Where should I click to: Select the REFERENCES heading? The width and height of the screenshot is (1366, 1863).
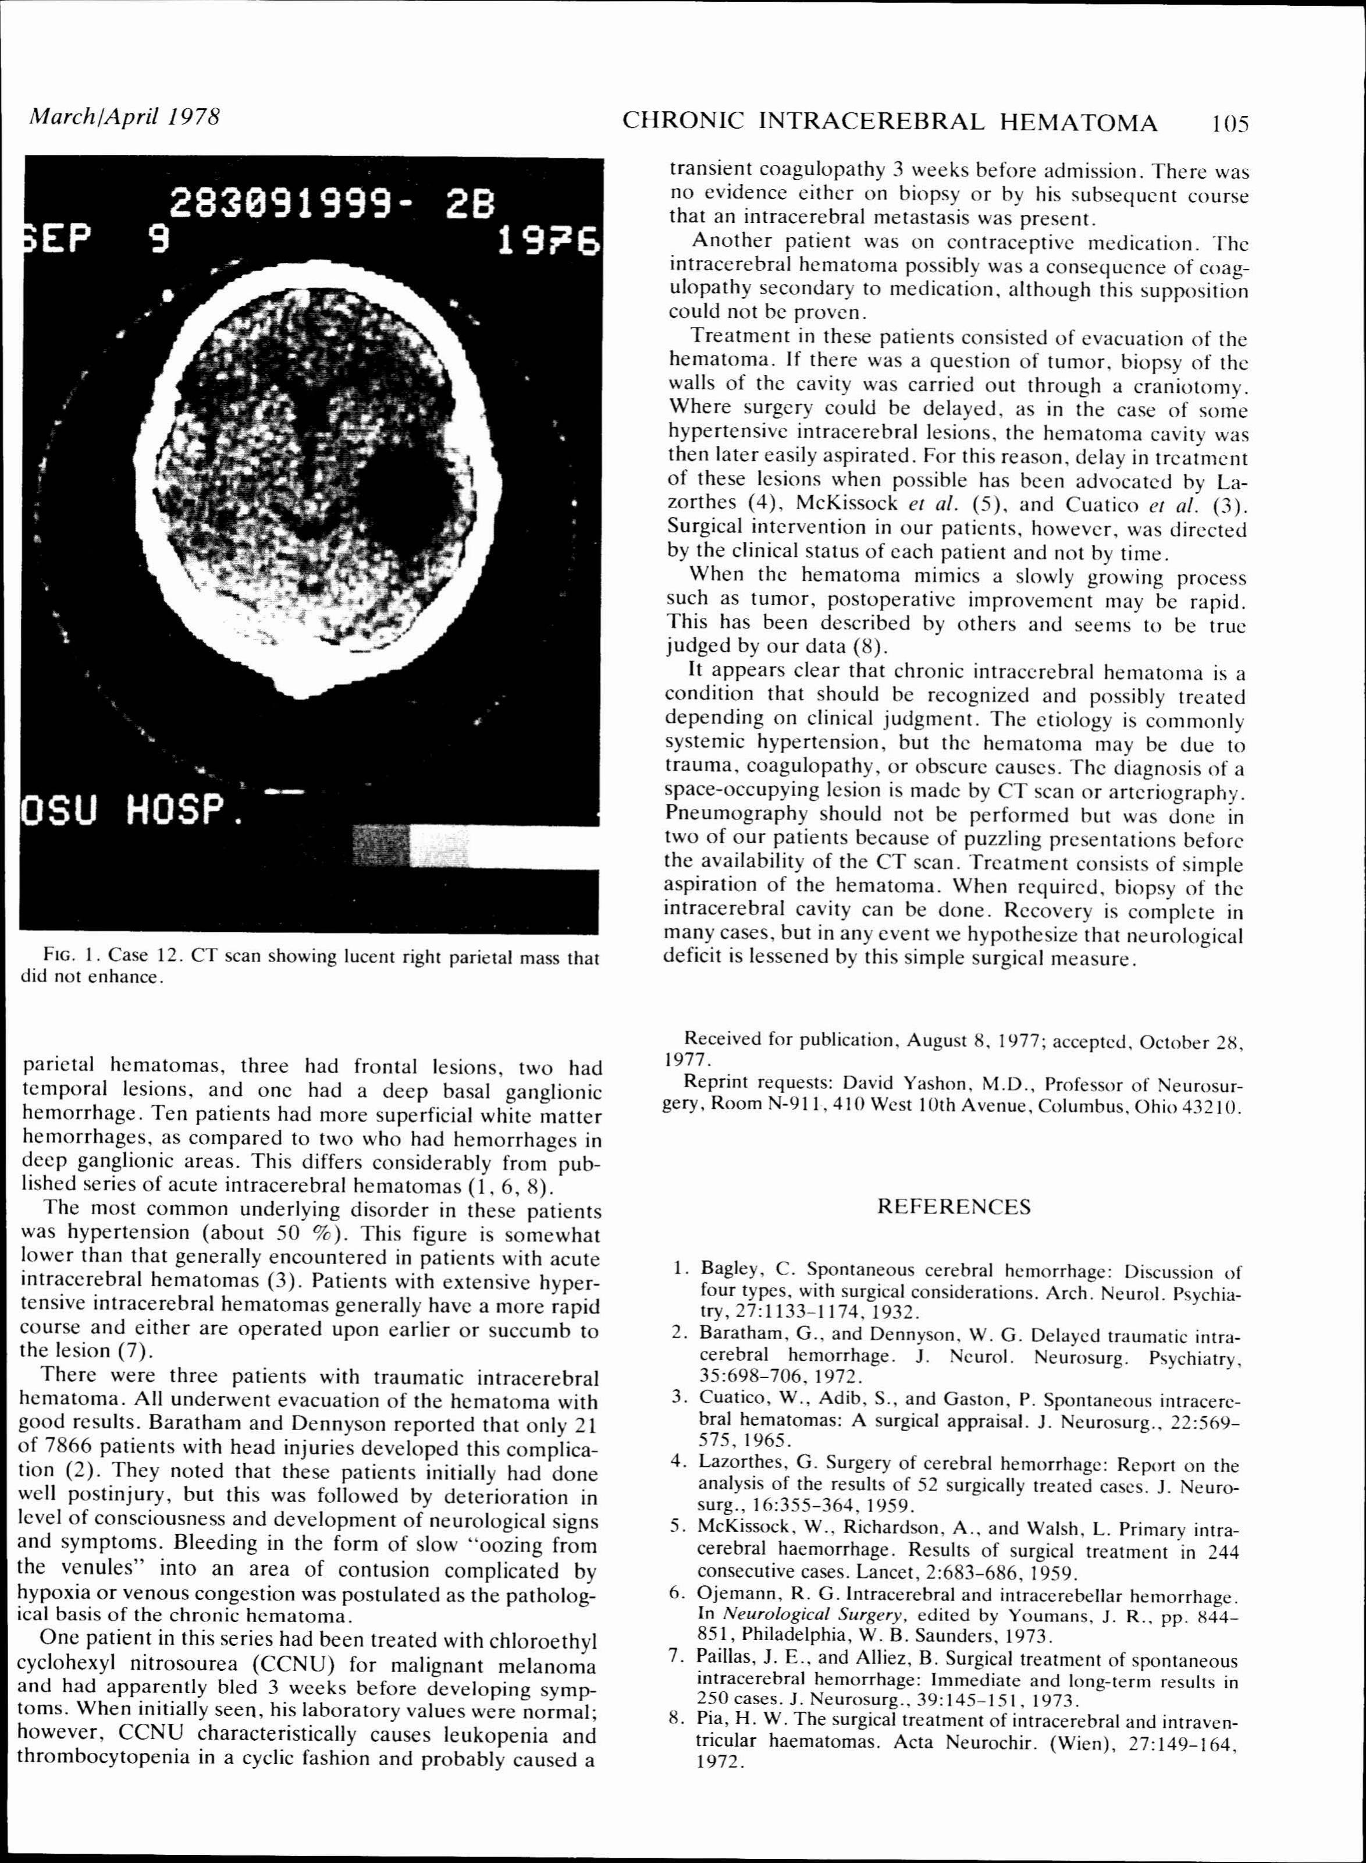click(954, 1207)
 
